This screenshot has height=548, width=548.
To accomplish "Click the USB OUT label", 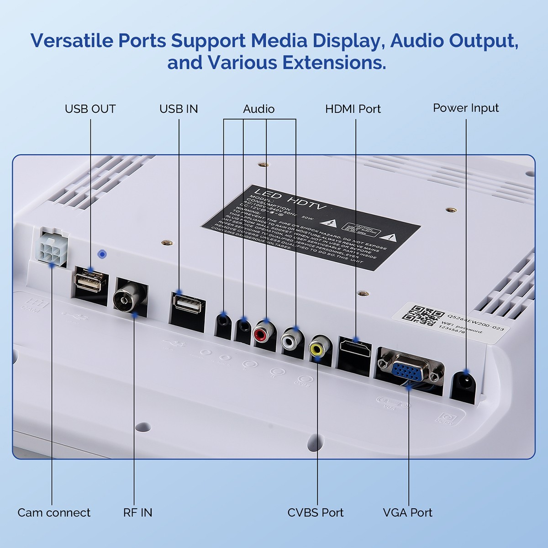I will (90, 109).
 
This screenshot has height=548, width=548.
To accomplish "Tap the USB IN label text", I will (179, 109).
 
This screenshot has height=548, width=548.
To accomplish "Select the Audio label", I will (258, 109).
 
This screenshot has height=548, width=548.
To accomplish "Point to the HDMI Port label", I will (353, 109).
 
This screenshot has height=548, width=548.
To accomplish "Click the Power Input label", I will (466, 108).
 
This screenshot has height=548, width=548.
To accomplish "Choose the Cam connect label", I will (54, 512).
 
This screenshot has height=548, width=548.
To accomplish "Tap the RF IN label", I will (137, 512).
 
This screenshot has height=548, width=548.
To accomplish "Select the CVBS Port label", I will (316, 512).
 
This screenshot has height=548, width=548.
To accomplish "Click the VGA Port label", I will (407, 512).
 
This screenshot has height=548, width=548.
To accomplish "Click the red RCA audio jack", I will (261, 334).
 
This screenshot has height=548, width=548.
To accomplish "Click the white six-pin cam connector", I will (51, 248).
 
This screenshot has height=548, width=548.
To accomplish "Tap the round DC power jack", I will (464, 382).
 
